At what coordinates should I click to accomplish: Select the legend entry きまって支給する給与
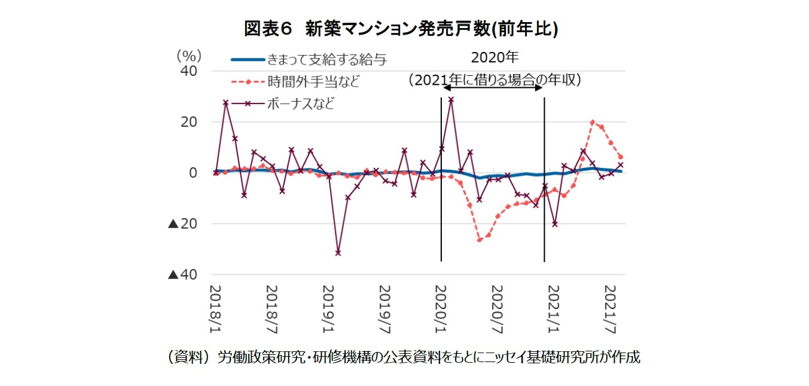pyautogui.click(x=326, y=59)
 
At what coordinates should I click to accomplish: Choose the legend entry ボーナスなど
pyautogui.click(x=301, y=103)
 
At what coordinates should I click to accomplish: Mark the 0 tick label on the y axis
pyautogui.click(x=193, y=173)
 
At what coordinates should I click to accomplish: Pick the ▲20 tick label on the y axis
pyautogui.click(x=182, y=224)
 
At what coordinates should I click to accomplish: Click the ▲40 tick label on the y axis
pyautogui.click(x=182, y=275)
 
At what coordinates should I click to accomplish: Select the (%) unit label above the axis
pyautogui.click(x=188, y=56)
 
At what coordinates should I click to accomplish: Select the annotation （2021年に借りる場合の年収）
pyautogui.click(x=494, y=80)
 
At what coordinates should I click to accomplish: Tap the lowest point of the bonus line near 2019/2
pyautogui.click(x=338, y=253)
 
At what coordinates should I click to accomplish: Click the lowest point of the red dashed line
pyautogui.click(x=480, y=240)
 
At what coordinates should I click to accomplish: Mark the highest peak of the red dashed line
pyautogui.click(x=592, y=122)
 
